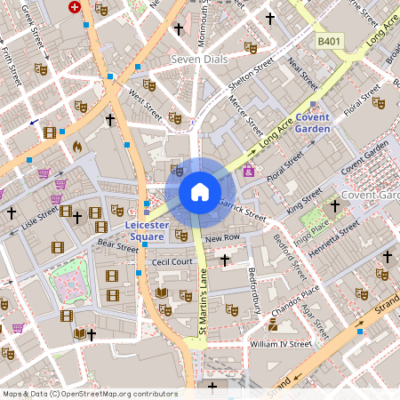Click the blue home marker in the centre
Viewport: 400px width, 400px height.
point(200,191)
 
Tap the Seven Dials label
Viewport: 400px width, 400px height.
point(198,60)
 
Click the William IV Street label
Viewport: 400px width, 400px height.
point(281,344)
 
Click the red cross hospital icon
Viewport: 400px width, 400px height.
point(74,6)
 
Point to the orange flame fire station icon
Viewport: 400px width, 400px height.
point(76,146)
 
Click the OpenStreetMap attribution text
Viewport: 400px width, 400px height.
point(90,393)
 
